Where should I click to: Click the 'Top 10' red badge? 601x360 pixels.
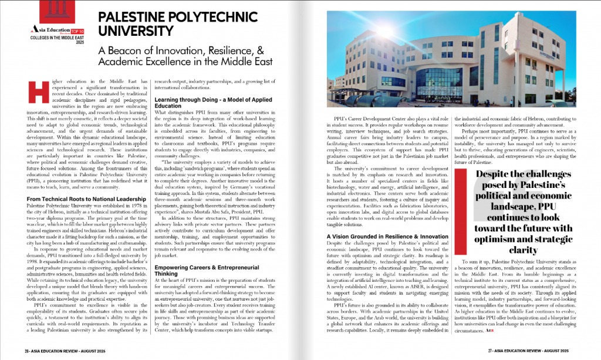79,28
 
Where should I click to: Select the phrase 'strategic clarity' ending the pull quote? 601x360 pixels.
528,245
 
